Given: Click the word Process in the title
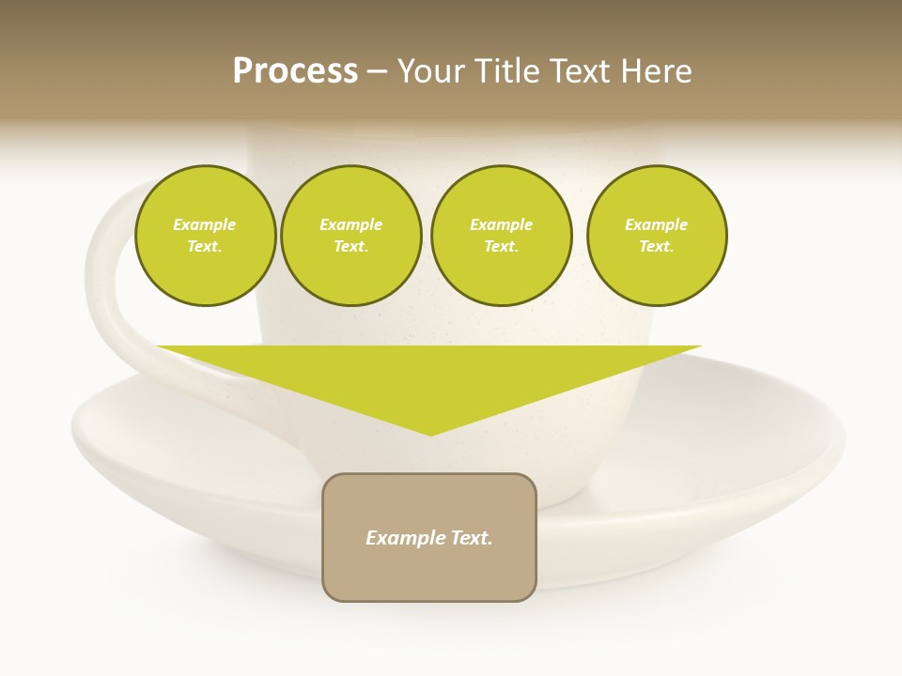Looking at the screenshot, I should [295, 71].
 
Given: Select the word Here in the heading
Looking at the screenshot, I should [657, 71].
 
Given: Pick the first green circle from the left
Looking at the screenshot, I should [205, 236].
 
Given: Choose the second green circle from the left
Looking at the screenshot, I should [350, 236].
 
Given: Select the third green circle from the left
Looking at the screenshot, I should [501, 236].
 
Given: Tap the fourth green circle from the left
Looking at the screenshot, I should [657, 236].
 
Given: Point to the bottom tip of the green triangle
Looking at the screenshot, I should [430, 433].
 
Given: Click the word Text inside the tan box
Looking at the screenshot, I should [473, 538].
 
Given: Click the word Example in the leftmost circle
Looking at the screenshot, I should [205, 225].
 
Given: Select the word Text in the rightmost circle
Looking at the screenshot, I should [656, 247].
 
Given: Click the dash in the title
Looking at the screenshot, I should [377, 71].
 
